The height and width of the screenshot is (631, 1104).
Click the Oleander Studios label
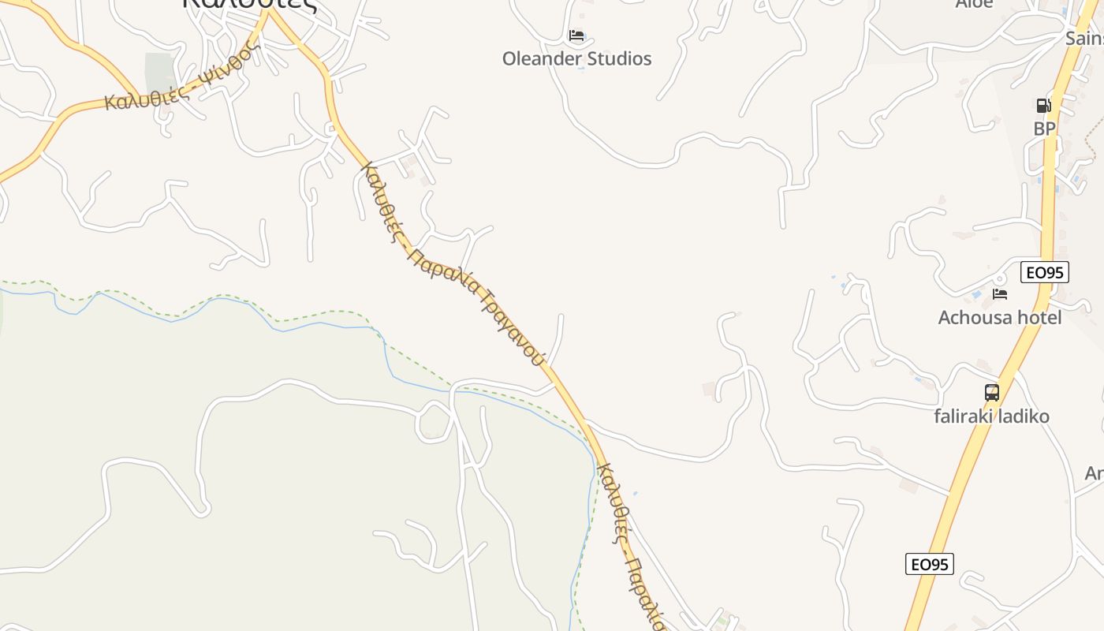coord(576,58)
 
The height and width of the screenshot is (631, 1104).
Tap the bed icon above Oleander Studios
coord(576,35)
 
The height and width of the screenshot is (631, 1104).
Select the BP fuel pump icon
coord(1043,106)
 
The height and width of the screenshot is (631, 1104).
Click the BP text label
coord(1044,128)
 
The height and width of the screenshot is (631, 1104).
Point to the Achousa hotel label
coord(999,317)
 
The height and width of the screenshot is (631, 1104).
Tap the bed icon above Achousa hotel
coord(1000,294)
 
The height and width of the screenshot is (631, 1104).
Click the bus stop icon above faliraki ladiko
coord(991,392)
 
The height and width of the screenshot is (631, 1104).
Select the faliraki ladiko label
coord(991,416)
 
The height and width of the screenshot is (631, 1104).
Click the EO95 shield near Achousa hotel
coord(1044,273)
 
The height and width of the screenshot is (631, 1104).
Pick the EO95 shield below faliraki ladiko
coord(929,564)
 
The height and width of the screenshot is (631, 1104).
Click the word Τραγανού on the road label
coord(510,323)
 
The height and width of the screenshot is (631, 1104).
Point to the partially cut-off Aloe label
coord(974,4)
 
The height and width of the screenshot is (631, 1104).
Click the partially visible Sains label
coord(1083,38)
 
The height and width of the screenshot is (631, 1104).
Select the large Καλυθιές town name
coord(249,5)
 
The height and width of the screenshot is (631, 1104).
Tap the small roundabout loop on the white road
coord(434,420)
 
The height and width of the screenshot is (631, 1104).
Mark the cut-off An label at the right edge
coord(1094,473)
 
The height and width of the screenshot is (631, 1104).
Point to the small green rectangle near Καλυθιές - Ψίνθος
coord(160,74)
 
